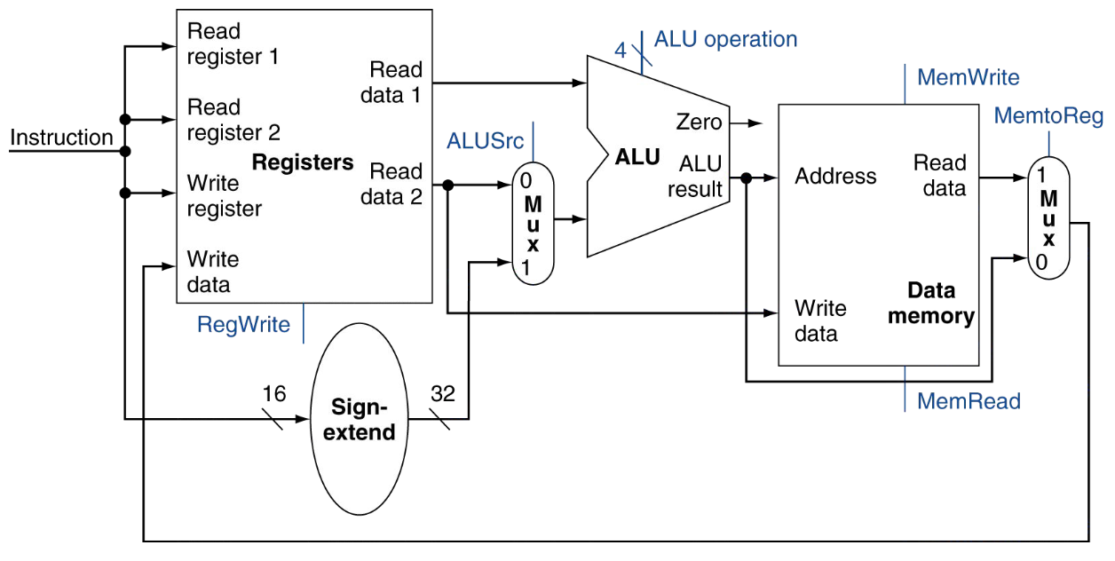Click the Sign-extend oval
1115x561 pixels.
click(359, 419)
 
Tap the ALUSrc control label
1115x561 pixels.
click(485, 141)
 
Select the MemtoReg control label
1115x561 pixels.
click(1048, 117)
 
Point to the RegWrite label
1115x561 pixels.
click(243, 325)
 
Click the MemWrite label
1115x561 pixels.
click(969, 77)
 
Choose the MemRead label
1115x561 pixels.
click(969, 400)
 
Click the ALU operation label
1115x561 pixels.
click(725, 39)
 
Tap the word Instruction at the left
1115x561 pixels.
click(61, 138)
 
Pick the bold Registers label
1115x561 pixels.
click(303, 162)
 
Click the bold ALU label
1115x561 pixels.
click(637, 157)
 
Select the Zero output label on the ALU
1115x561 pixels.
click(699, 122)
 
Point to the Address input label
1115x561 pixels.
click(835, 176)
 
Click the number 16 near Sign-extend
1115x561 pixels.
click(274, 394)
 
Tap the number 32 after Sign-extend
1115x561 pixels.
click(442, 394)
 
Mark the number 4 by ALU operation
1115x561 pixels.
click(621, 50)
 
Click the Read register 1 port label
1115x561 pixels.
click(233, 43)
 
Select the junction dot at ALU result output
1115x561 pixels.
click(746, 178)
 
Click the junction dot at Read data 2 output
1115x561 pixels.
click(448, 186)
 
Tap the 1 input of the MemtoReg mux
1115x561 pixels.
click(1040, 175)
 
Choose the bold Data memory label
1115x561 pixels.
click(931, 304)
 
